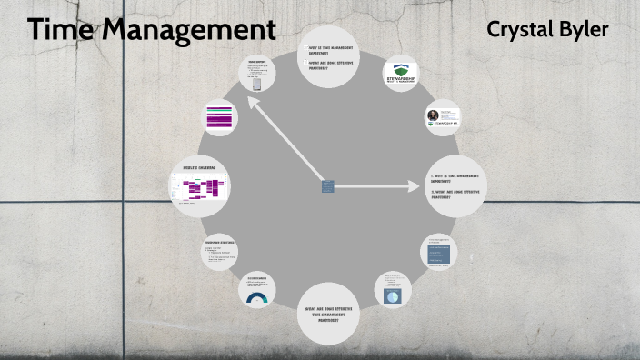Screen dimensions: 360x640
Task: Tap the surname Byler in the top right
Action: click(585, 29)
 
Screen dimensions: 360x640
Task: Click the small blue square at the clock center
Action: click(327, 186)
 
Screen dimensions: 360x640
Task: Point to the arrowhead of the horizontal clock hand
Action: click(405, 187)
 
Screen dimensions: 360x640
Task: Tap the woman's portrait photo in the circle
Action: click(434, 115)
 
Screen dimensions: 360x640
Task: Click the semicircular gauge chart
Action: click(257, 298)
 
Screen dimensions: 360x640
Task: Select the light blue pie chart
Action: click(393, 297)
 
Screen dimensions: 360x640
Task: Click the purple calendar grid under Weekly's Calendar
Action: click(201, 189)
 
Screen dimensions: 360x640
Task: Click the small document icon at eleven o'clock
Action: click(259, 85)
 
